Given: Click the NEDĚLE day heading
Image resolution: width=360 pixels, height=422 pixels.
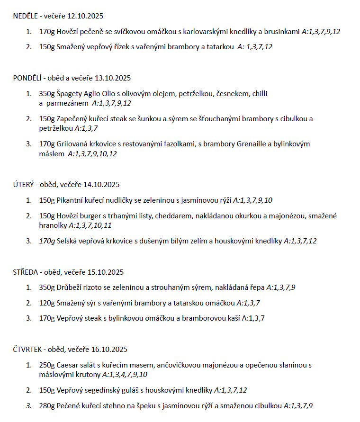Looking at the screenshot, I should pos(25,16).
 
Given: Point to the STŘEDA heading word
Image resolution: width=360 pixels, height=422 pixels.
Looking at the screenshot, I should pos(25,272).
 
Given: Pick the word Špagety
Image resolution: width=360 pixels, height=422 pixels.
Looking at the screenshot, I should pos(69,94).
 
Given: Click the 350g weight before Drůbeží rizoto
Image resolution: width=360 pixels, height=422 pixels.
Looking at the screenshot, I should pos(47,287).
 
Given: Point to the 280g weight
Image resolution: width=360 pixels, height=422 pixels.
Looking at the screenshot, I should pos(47,405).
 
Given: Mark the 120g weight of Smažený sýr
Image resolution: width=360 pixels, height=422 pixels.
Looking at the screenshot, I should pos(47,303).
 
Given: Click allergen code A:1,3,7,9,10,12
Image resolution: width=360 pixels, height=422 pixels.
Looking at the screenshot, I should pos(92,153).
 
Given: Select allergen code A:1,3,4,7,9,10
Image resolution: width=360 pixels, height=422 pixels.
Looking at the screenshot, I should pos(125,375).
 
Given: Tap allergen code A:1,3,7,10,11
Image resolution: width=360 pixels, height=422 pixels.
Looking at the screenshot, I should pos(90,225).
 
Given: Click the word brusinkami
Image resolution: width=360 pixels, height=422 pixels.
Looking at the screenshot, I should pos(283,32).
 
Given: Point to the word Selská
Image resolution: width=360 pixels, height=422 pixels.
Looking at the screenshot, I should pos(67,241).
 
